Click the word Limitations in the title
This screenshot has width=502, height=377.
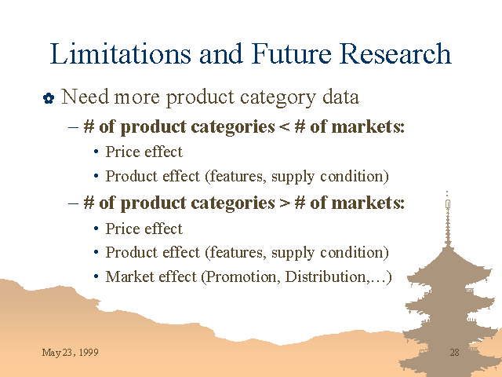click(120, 53)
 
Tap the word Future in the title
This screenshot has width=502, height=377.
click(292, 53)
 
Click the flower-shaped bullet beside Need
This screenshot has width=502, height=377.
click(49, 98)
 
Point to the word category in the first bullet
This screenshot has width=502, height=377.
click(278, 97)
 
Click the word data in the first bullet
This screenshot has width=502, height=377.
click(340, 97)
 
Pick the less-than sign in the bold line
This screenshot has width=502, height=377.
click(284, 127)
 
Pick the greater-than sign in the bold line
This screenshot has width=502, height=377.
click(284, 203)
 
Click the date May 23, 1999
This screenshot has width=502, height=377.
click(70, 353)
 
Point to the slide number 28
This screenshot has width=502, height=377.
click(455, 353)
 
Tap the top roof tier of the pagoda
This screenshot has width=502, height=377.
click(448, 266)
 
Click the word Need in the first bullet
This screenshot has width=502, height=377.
click(85, 97)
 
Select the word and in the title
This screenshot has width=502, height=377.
click(221, 53)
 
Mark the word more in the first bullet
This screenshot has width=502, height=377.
click(137, 97)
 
